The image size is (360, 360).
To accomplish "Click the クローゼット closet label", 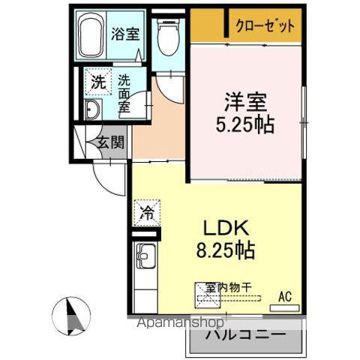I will pyautogui.click(x=265, y=25).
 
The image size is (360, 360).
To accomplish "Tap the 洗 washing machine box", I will pyautogui.click(x=98, y=83).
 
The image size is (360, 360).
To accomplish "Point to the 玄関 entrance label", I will pyautogui.click(x=109, y=142).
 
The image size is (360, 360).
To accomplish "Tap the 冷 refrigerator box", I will pyautogui.click(x=146, y=212).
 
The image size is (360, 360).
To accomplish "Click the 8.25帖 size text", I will pyautogui.click(x=224, y=250).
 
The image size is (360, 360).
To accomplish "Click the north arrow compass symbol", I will pyautogui.click(x=72, y=313).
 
